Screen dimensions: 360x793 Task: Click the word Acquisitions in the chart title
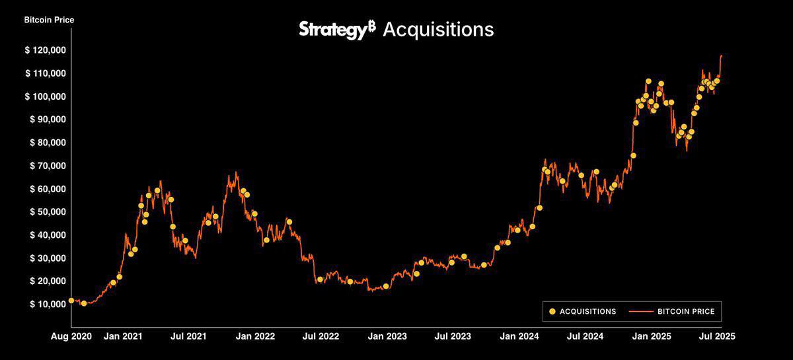coord(438,30)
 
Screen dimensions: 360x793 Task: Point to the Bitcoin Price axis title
coord(49,20)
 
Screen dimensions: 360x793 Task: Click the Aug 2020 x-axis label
coord(72,336)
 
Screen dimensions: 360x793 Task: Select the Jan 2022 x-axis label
coord(255,336)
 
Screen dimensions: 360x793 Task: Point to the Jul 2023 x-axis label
coord(453,336)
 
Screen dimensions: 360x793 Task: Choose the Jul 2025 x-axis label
coord(716,336)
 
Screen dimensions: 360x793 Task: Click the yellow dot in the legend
coord(552,311)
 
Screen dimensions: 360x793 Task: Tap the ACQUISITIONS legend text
coord(587,311)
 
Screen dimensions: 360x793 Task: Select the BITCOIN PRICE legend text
coord(686,311)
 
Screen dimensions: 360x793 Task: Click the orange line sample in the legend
coord(640,311)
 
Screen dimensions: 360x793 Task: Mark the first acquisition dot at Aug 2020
coord(71,301)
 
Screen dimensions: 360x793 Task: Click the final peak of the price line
coord(721,55)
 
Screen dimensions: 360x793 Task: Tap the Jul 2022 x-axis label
coord(321,336)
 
